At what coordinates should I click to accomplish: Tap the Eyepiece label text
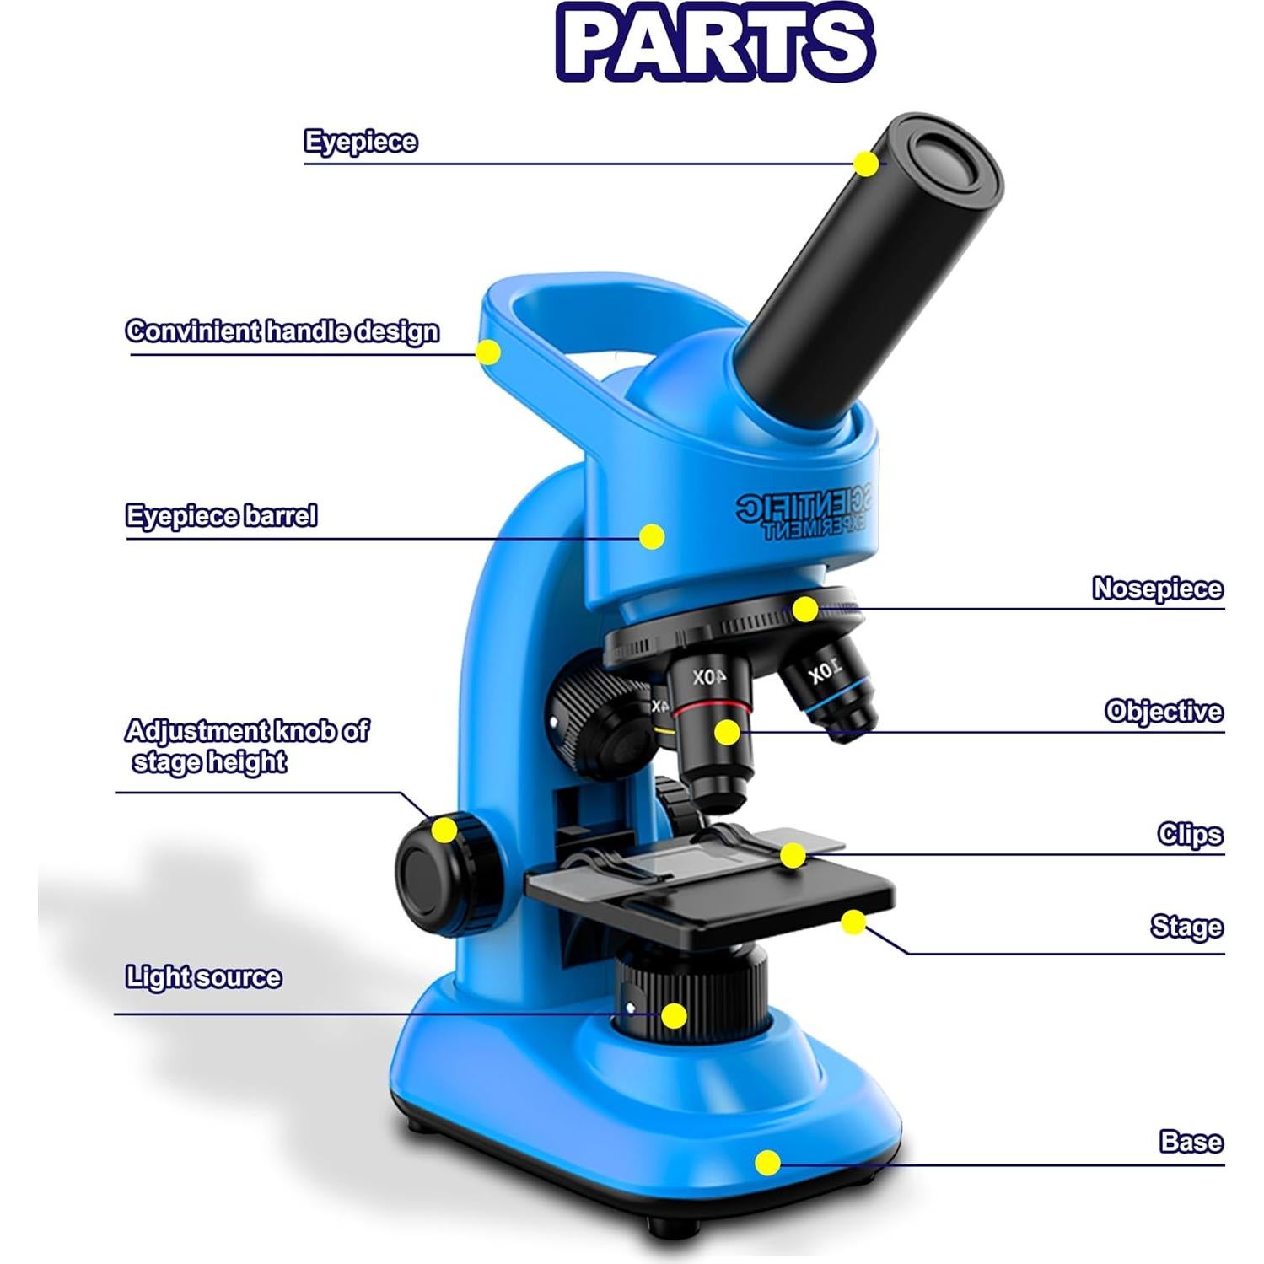click(360, 141)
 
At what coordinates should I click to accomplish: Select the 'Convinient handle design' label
click(282, 331)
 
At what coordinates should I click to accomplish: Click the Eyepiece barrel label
click(221, 515)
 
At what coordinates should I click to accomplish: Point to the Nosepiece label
click(1157, 589)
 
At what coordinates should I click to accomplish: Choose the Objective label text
click(1164, 712)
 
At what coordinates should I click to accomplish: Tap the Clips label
click(1190, 835)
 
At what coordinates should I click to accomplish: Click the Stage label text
click(1186, 927)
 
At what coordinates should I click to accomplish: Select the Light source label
click(203, 977)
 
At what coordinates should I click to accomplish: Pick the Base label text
click(1191, 1142)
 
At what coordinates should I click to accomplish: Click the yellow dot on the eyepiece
click(865, 164)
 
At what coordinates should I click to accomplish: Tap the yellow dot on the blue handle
click(487, 352)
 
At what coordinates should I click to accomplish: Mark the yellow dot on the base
click(767, 1163)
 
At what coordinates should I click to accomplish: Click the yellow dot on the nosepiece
click(805, 609)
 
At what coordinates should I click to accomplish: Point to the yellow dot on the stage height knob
click(444, 830)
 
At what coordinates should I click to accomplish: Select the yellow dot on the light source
click(673, 1016)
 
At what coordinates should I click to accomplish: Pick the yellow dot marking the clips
click(792, 855)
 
